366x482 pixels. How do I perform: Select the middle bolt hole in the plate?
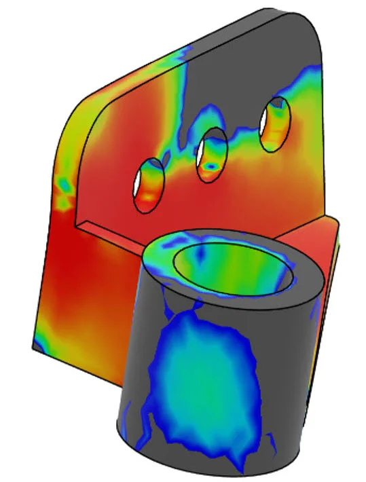(x=211, y=154)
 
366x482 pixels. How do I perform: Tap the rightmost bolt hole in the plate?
(x=275, y=124)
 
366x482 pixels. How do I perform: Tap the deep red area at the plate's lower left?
(x=75, y=272)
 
